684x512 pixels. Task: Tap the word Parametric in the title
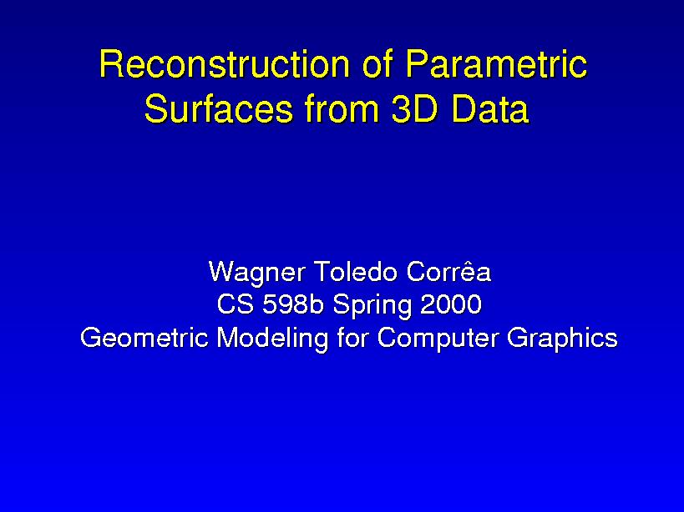tap(495, 65)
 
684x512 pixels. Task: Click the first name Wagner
tap(255, 274)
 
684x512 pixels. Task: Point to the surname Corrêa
tap(448, 272)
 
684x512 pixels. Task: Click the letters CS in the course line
tap(235, 305)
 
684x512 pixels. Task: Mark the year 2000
tap(451, 305)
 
